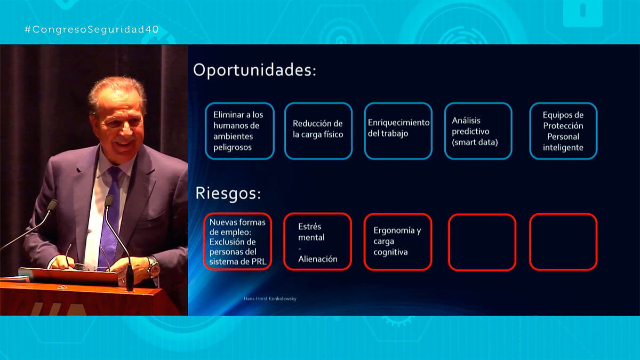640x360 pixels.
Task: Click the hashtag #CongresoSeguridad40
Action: pyautogui.click(x=91, y=29)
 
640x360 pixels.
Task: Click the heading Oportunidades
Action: pyautogui.click(x=254, y=70)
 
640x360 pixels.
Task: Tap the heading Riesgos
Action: pyautogui.click(x=228, y=194)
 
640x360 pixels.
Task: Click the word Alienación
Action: pyautogui.click(x=318, y=259)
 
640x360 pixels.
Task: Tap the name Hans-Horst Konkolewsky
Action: pyautogui.click(x=270, y=299)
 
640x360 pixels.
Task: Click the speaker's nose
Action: pyautogui.click(x=126, y=130)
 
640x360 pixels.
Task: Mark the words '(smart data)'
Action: pyautogui.click(x=475, y=142)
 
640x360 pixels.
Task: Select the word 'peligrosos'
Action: pyautogui.click(x=233, y=148)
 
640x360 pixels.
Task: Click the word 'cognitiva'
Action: pyautogui.click(x=390, y=252)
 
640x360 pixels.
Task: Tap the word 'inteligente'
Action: pyautogui.click(x=563, y=148)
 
